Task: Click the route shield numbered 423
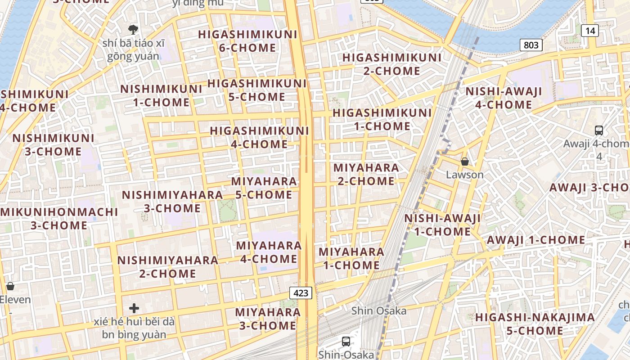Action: tap(301, 293)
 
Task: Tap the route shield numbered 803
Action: tap(531, 45)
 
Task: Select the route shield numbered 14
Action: tap(589, 31)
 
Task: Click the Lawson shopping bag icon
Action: tap(465, 162)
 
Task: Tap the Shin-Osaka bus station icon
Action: tap(346, 342)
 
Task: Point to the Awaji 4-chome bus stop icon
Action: tap(598, 130)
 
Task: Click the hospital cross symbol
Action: tap(134, 308)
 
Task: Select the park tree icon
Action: tap(133, 30)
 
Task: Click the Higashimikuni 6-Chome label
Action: tap(247, 41)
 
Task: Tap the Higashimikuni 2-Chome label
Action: tap(392, 64)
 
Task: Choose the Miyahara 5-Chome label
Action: tap(264, 188)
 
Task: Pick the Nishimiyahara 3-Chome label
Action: tap(172, 202)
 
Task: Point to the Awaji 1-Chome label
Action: tap(535, 240)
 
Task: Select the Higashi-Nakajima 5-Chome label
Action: tap(535, 324)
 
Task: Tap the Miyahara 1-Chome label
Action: tap(351, 259)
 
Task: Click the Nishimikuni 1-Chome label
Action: tap(161, 95)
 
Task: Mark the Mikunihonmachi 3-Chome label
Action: tap(59, 218)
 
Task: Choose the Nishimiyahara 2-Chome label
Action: tap(168, 267)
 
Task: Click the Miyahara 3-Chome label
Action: tap(268, 319)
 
